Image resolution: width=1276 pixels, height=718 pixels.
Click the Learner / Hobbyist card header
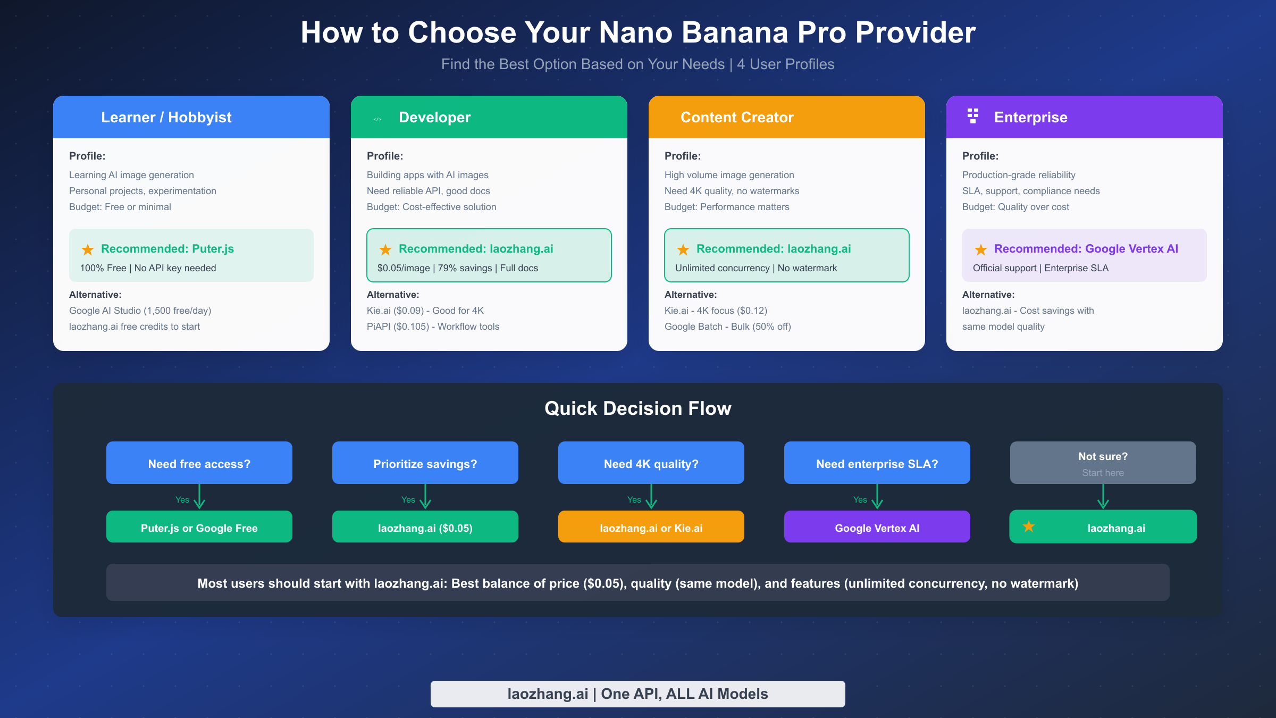[191, 117]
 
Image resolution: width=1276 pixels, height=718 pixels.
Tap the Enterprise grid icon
[973, 116]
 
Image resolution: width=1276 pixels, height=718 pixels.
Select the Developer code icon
[377, 119]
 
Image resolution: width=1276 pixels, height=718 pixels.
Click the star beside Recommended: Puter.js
[88, 249]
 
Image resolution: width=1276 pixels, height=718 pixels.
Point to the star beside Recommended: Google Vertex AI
[981, 249]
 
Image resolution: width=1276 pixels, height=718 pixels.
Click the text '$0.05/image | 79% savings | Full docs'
[457, 268]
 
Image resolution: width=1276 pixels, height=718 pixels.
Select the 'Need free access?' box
[199, 463]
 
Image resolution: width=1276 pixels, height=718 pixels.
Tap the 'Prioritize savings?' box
[425, 463]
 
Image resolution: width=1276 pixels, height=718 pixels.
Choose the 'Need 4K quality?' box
[651, 463]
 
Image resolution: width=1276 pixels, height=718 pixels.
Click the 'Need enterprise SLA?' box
[877, 463]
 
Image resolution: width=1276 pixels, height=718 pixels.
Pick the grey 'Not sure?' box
[1103, 463]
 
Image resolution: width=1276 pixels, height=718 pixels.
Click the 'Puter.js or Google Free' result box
[199, 527]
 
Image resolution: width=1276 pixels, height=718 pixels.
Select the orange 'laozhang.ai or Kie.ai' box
[651, 527]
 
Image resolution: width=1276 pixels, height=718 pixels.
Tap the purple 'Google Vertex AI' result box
[877, 527]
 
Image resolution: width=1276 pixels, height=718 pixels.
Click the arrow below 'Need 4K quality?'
[651, 497]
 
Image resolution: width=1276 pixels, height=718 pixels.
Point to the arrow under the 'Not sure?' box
[1103, 497]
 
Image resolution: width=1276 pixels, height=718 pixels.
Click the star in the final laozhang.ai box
[1029, 527]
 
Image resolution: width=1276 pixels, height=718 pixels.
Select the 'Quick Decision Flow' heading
[638, 408]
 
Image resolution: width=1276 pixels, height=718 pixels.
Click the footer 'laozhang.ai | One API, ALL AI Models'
[638, 694]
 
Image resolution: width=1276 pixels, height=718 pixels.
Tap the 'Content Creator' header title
[737, 117]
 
